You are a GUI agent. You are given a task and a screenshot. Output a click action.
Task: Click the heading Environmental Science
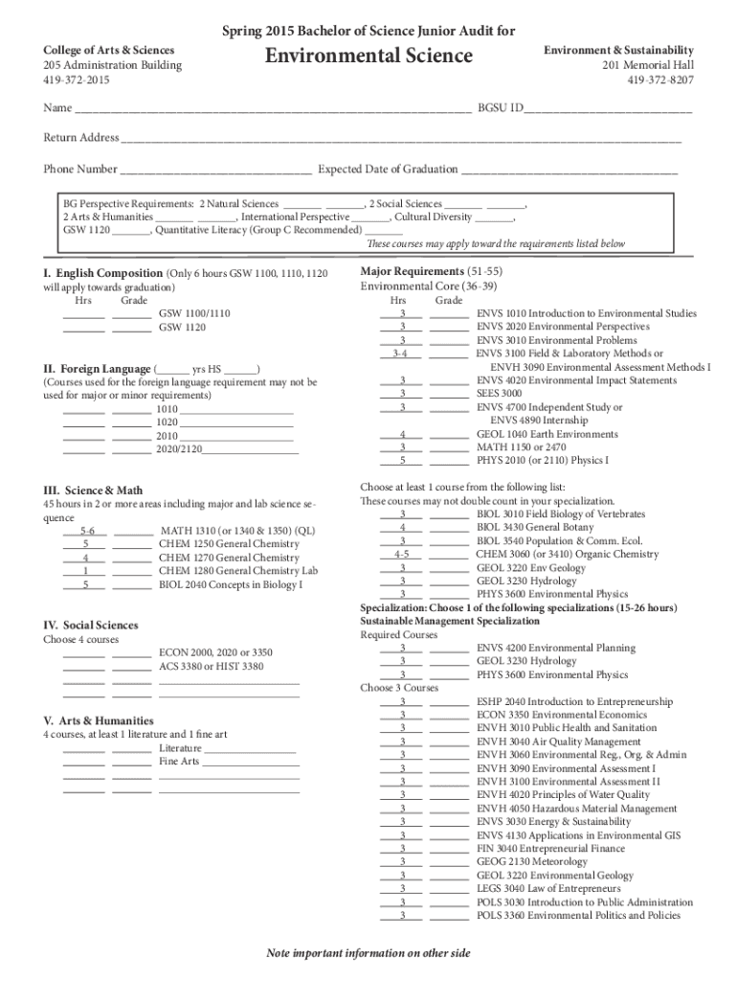point(368,57)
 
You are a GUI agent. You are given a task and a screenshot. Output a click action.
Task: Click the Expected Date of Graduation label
point(388,170)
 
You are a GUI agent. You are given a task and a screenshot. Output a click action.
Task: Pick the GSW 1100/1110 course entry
point(194,313)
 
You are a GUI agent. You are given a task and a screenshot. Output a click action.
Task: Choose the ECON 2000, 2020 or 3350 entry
point(215,652)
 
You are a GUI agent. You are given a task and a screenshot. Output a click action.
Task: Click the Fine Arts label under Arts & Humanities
point(179,762)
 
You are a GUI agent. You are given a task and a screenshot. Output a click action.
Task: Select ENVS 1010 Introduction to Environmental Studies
point(587,313)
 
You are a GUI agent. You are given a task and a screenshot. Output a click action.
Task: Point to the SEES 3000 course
point(500,394)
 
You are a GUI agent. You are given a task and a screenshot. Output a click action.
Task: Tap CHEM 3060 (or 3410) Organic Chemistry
point(567,555)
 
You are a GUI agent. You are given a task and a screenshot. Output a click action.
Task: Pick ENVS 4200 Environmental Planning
point(555,649)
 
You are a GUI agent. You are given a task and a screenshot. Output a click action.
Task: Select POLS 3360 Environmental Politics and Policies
point(578,916)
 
